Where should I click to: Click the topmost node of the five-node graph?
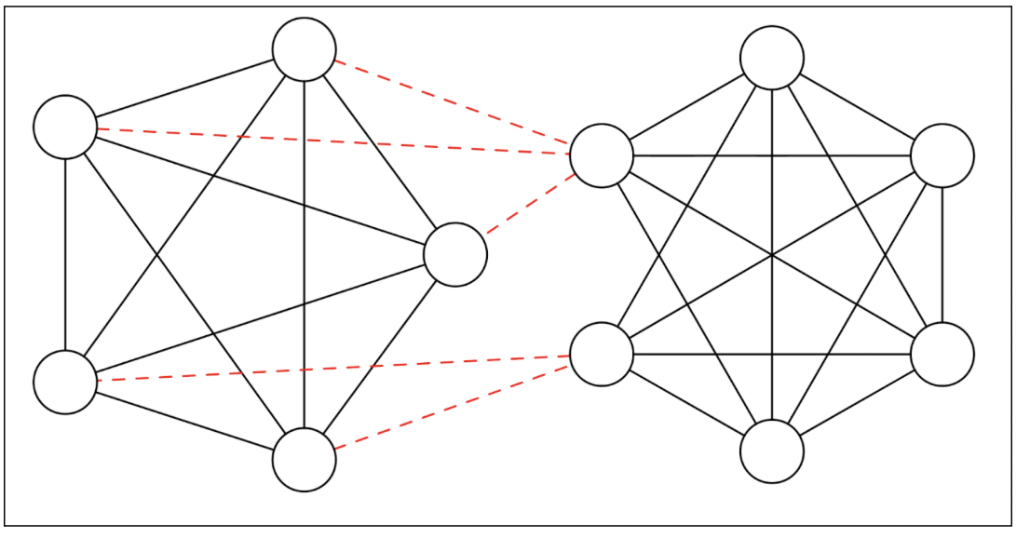(x=305, y=49)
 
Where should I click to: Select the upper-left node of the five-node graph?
(x=65, y=127)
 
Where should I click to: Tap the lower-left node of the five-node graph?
(x=65, y=382)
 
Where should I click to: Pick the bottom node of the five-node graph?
(x=305, y=460)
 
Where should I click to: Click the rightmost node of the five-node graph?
(x=454, y=254)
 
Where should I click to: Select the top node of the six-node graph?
(x=772, y=58)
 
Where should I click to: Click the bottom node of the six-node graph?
(x=772, y=451)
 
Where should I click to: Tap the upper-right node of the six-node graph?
(x=942, y=155)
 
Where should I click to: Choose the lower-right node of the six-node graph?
(x=942, y=354)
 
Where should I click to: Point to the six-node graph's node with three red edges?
(x=602, y=155)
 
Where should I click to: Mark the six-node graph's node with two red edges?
(x=602, y=354)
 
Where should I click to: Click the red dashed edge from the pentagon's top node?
(x=453, y=102)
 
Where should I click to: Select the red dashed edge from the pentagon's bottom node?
(x=453, y=408)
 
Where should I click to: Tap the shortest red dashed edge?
(x=528, y=204)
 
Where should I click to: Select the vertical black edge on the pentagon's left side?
(x=65, y=254)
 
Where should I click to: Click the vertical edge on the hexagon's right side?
(x=942, y=254)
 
